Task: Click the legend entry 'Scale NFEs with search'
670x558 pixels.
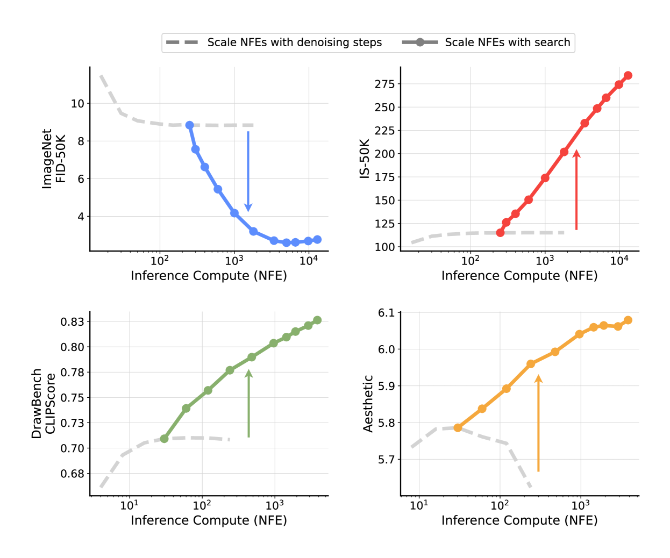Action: [x=507, y=42]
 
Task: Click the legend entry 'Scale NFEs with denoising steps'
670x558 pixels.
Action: [x=294, y=42]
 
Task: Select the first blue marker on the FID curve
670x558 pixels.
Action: [x=189, y=125]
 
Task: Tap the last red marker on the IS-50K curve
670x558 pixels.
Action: [x=628, y=76]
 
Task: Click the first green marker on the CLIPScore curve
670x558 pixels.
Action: [x=165, y=439]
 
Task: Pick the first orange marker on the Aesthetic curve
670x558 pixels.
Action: [x=458, y=428]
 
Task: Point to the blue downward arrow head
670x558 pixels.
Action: [x=248, y=208]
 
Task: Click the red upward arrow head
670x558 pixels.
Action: [x=576, y=154]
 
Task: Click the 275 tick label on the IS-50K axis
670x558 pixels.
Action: [x=384, y=84]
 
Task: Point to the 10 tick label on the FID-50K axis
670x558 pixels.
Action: [x=77, y=104]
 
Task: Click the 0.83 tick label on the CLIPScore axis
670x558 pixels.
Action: [x=72, y=322]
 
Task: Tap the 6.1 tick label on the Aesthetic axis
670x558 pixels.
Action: [x=386, y=313]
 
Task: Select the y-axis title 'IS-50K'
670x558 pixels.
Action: [x=365, y=159]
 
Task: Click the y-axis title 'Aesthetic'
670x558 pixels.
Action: [x=368, y=403]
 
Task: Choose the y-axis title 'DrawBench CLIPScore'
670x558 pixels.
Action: [x=43, y=403]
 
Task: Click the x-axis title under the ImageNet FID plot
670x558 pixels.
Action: [x=209, y=276]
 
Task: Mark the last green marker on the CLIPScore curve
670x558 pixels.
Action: [x=317, y=320]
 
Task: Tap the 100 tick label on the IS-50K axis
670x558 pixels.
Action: [x=384, y=247]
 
